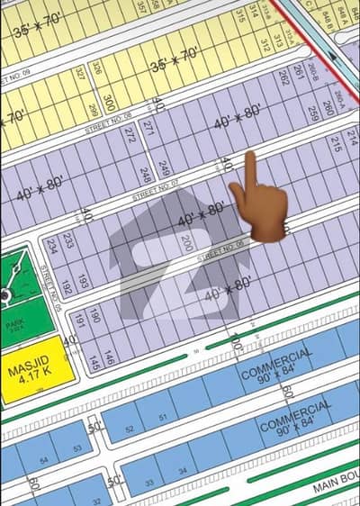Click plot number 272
[x=131, y=136]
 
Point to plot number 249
[x=164, y=168]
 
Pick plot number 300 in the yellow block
[x=109, y=102]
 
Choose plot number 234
[x=52, y=246]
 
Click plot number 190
[x=95, y=314]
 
